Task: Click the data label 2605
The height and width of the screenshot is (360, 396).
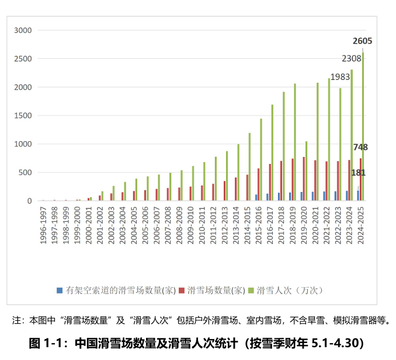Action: pos(362,41)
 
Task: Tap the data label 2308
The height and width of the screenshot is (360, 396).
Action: pos(352,58)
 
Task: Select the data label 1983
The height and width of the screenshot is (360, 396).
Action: pos(340,77)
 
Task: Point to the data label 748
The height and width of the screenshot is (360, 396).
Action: pos(360,147)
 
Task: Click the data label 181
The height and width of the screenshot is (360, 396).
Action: pos(359,173)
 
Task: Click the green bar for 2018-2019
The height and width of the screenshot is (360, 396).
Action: pos(295,142)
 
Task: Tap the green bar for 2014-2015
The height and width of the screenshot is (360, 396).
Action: pos(249,167)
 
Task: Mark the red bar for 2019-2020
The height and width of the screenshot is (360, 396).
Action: pos(304,179)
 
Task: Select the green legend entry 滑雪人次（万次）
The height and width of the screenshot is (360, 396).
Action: pos(290,290)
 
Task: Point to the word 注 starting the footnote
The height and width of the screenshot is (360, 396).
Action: pos(16,320)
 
